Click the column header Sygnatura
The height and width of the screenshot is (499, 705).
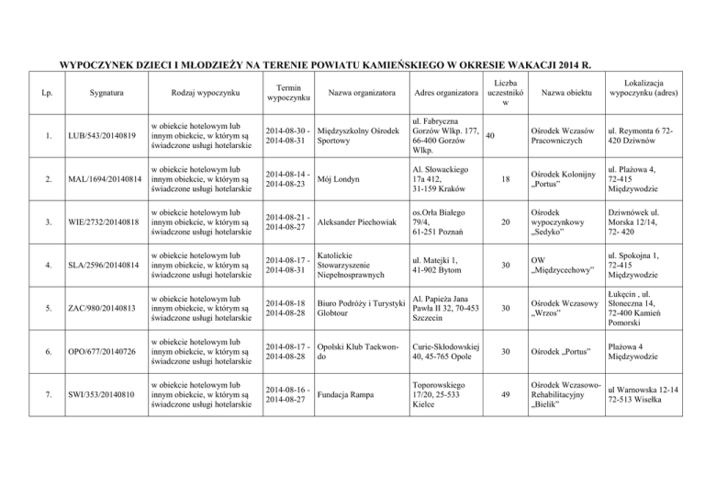[90, 93]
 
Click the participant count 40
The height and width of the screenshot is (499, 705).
[490, 137]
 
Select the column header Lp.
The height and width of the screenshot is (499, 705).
[34, 93]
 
